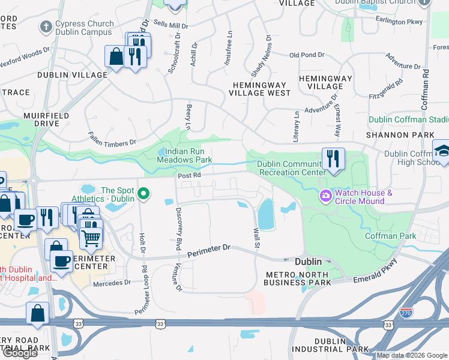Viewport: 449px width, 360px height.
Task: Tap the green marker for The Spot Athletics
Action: pyautogui.click(x=143, y=194)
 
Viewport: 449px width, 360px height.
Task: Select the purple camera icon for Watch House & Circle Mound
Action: pyautogui.click(x=326, y=196)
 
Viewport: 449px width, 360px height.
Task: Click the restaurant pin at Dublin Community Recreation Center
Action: pyautogui.click(x=333, y=159)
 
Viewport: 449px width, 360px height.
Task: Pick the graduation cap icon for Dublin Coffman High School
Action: pyautogui.click(x=442, y=150)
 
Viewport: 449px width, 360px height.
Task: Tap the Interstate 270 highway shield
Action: pyautogui.click(x=406, y=312)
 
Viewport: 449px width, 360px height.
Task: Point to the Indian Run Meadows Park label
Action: pyautogui.click(x=184, y=155)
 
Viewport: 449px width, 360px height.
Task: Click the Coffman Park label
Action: pyautogui.click(x=391, y=236)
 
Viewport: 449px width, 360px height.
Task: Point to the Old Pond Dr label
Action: pyautogui.click(x=306, y=55)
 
